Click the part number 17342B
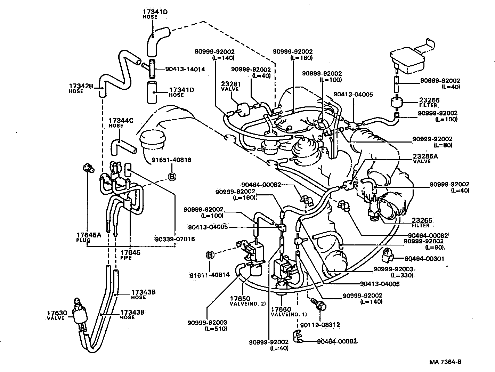click(x=81, y=86)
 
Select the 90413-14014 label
click(x=180, y=69)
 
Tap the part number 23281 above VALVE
click(x=231, y=84)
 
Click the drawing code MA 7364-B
click(x=445, y=362)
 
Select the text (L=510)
click(x=216, y=329)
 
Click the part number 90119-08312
click(x=320, y=325)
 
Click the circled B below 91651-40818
click(x=172, y=177)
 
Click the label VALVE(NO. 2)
click(x=247, y=304)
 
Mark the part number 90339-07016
click(x=175, y=239)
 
